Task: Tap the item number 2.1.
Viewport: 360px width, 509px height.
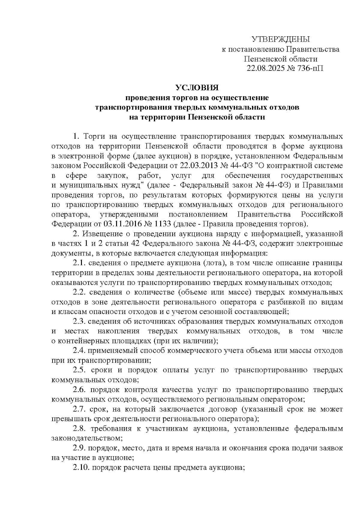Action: [x=79, y=263]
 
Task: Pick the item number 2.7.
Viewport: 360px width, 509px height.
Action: [x=79, y=409]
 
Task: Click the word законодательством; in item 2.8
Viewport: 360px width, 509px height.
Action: [x=87, y=438]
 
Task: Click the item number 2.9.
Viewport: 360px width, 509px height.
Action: [x=79, y=448]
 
